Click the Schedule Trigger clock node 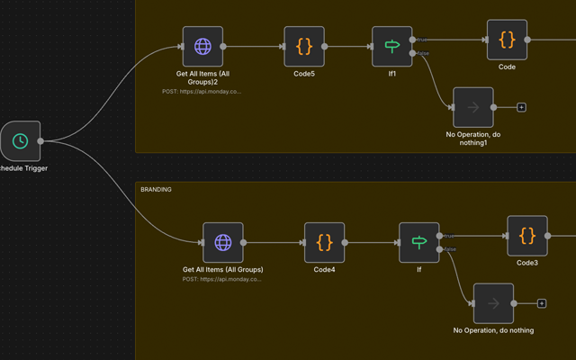point(20,140)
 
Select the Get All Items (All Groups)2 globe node point(202,46)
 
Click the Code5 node point(304,46)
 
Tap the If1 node point(392,46)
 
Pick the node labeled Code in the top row point(507,40)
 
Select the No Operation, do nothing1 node point(473,107)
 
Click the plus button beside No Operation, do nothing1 point(521,107)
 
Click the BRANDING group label point(156,190)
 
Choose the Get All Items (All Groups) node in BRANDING point(222,242)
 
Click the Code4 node point(324,242)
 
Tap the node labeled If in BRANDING point(418,242)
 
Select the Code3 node point(526,236)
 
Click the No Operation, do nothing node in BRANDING point(493,303)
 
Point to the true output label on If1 point(422,40)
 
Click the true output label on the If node point(448,236)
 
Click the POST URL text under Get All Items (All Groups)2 point(202,91)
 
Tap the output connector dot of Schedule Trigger point(41,140)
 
